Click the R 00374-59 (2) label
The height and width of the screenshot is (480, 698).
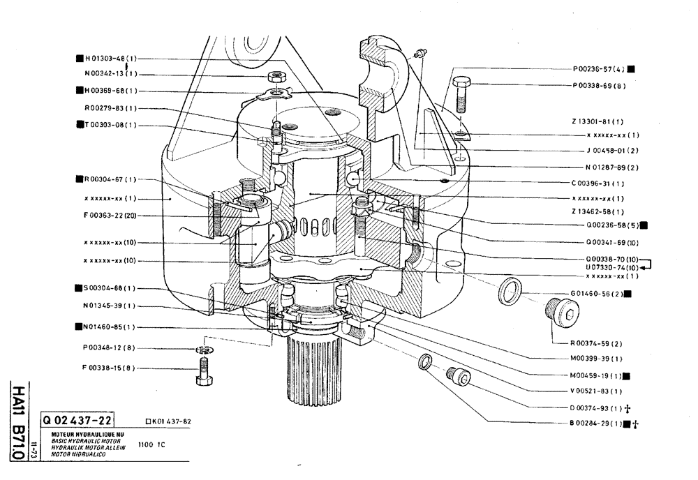(x=597, y=343)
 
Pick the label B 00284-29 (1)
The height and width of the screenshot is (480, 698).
(x=597, y=423)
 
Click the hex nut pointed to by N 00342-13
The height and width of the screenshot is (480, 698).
(x=278, y=75)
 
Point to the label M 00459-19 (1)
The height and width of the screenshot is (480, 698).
(x=597, y=375)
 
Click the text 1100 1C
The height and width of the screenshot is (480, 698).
(x=149, y=444)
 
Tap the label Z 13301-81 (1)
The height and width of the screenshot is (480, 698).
(x=597, y=121)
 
